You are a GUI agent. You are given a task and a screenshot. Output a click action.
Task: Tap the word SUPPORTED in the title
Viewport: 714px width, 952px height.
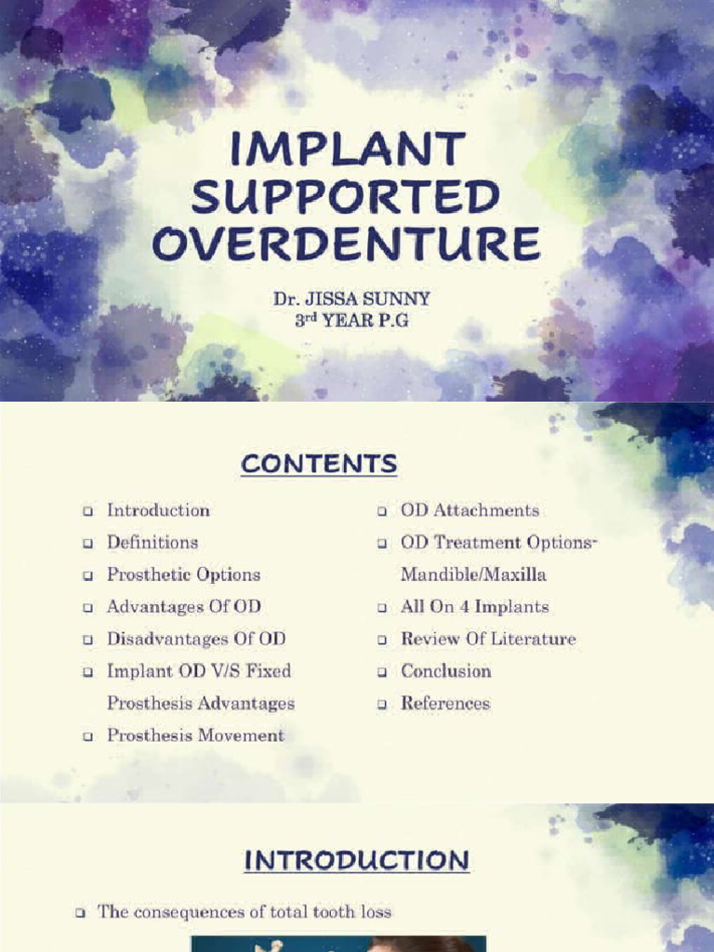346,197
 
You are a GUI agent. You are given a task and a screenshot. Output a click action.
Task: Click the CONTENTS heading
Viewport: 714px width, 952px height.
318,464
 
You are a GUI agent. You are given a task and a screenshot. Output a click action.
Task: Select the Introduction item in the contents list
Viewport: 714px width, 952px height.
158,510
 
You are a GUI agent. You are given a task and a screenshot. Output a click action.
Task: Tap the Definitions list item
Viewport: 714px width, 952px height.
152,542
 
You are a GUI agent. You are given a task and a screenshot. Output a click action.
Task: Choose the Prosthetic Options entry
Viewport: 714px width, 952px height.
183,575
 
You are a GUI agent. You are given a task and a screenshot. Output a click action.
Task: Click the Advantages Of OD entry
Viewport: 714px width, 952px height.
183,607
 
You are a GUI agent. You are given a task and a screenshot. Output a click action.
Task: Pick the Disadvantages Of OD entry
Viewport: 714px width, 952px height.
196,639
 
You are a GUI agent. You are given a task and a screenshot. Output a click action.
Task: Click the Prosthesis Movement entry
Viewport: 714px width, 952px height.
195,735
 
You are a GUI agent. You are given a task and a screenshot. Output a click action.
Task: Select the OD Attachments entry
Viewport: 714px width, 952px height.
469,510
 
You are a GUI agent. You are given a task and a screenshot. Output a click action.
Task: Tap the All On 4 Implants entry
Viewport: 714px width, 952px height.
474,607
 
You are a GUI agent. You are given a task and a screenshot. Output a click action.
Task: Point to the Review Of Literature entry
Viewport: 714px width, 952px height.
488,639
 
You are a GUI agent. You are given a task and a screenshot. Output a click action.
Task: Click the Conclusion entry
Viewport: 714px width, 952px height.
445,671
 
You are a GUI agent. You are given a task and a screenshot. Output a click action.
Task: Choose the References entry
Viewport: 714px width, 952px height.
444,703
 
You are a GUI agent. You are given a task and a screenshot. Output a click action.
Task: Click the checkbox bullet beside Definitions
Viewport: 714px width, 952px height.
87,543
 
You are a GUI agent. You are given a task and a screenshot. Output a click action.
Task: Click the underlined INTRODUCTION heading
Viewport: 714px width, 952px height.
356,861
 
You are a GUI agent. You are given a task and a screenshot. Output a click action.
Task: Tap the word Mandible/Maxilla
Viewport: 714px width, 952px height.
473,575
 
